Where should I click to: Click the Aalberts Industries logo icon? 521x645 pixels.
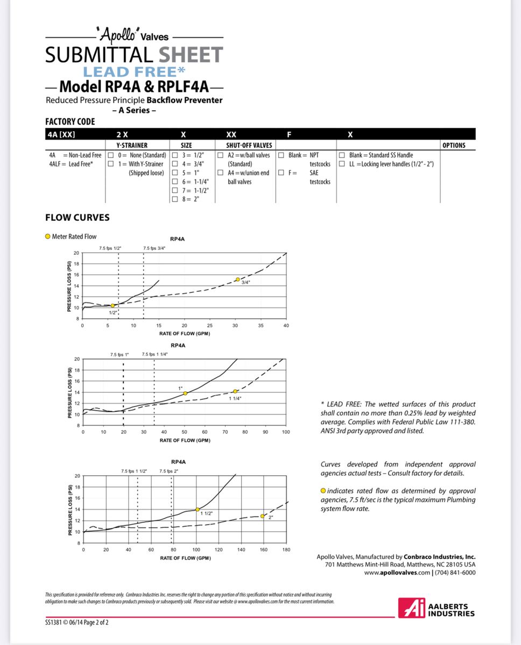[x=411, y=608]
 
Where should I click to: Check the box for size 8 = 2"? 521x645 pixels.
[x=174, y=199]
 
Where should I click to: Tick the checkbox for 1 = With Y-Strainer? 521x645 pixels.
[x=110, y=164]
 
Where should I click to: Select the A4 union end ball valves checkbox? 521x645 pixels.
[x=221, y=173]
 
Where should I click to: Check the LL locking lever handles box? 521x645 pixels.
[x=342, y=164]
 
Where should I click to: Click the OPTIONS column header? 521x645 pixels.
[x=453, y=145]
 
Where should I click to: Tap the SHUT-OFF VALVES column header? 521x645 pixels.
[x=245, y=145]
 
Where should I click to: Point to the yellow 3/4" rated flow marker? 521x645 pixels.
[x=237, y=279]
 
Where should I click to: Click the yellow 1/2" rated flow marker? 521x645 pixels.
[x=112, y=305]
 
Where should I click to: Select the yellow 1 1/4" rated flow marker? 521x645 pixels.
[x=235, y=391]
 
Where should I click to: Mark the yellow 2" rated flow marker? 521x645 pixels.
[x=263, y=516]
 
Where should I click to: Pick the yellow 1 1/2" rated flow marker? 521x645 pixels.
[x=198, y=510]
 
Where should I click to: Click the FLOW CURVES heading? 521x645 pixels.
[x=77, y=218]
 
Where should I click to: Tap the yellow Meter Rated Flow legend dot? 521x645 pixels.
[x=48, y=236]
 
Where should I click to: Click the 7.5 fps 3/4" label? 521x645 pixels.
[x=154, y=248]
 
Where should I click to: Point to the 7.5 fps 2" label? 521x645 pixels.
[x=170, y=471]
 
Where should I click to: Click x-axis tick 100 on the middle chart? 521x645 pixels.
[x=285, y=432]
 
